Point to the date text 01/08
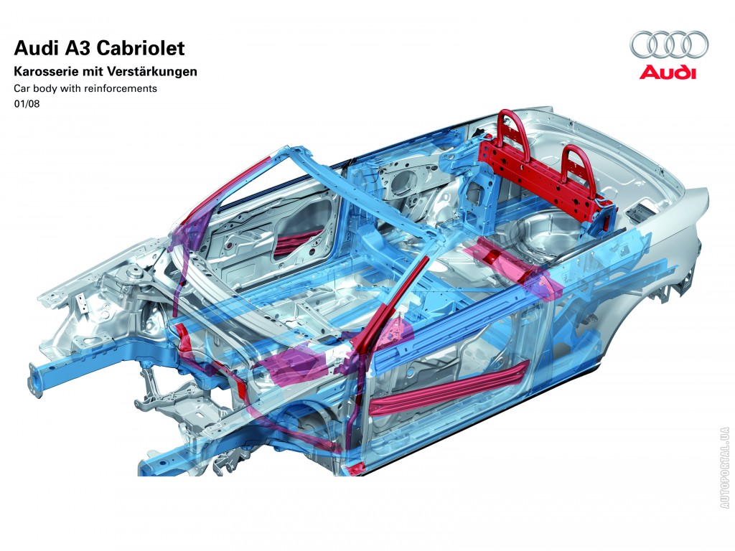pyautogui.click(x=27, y=104)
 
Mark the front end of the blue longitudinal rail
pyautogui.click(x=35, y=379)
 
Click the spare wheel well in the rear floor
pyautogui.click(x=544, y=235)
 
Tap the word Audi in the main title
pyautogui.click(x=34, y=48)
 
